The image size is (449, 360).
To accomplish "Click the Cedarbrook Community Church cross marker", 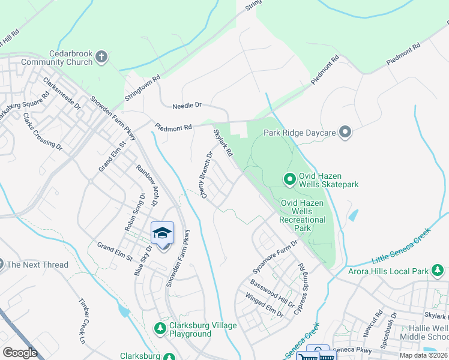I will (x=101, y=57).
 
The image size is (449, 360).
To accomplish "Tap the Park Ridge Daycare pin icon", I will (x=345, y=131).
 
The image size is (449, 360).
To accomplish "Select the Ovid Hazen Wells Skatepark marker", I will (x=289, y=179).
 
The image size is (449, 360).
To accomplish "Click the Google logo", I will (x=20, y=353).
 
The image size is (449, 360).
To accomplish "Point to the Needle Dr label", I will (x=187, y=106).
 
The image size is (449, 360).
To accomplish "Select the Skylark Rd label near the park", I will (x=223, y=143).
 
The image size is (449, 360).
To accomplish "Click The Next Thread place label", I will (x=37, y=265).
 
